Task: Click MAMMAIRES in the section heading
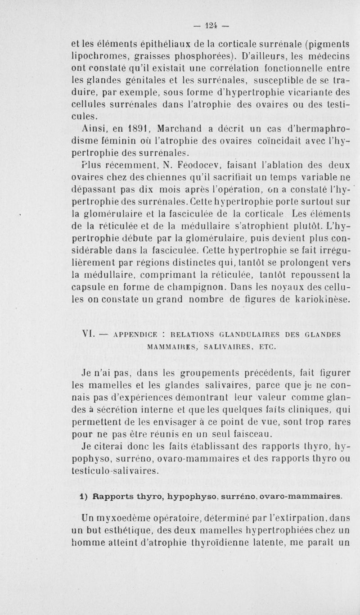[175, 347]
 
